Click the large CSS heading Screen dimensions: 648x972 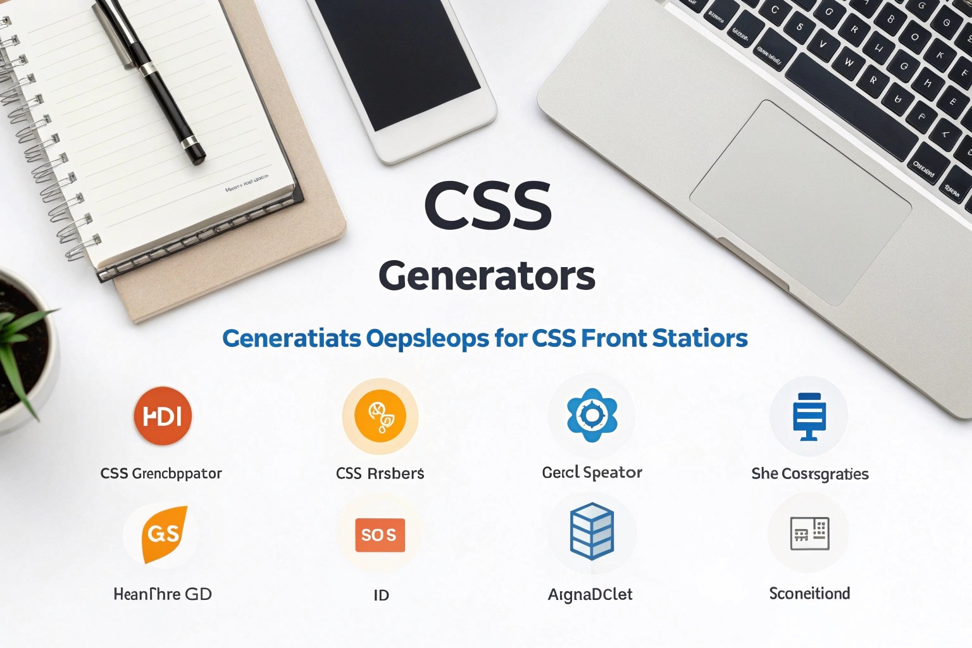click(488, 206)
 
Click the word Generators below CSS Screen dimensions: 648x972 click(487, 277)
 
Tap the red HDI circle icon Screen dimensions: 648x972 click(163, 416)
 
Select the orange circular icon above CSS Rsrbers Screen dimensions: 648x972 click(380, 416)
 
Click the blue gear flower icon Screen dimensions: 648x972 click(592, 415)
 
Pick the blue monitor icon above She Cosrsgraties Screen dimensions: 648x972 click(809, 416)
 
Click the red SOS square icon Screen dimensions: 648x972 click(380, 535)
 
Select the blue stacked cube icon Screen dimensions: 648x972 click(592, 531)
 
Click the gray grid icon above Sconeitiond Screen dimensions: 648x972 click(809, 533)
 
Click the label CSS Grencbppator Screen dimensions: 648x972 click(161, 473)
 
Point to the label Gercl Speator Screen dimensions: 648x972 click(592, 473)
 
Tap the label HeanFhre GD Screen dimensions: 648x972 click(163, 594)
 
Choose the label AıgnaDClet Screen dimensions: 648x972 click(590, 594)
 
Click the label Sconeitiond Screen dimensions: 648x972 click(809, 594)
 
